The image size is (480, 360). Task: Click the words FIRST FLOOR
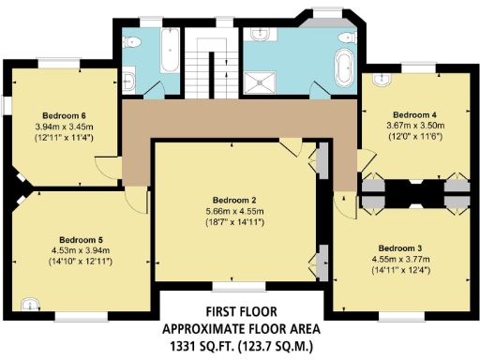pos(241,312)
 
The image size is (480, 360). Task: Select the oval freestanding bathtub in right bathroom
pos(343,68)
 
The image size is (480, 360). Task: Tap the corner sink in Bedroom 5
pos(32,304)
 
